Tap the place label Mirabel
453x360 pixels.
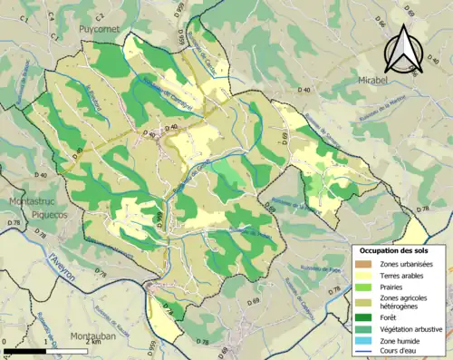click(380, 79)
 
